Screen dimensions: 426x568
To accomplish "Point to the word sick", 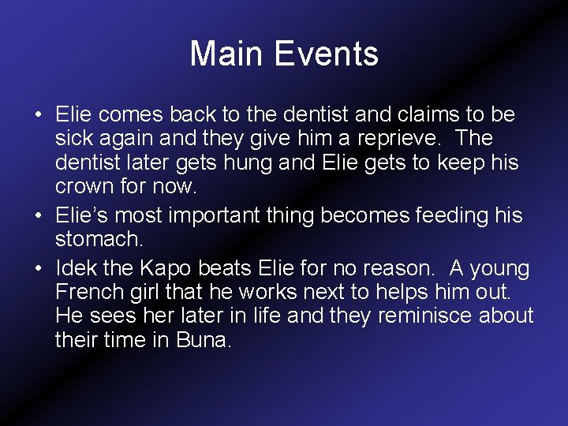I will pyautogui.click(x=73, y=139).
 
